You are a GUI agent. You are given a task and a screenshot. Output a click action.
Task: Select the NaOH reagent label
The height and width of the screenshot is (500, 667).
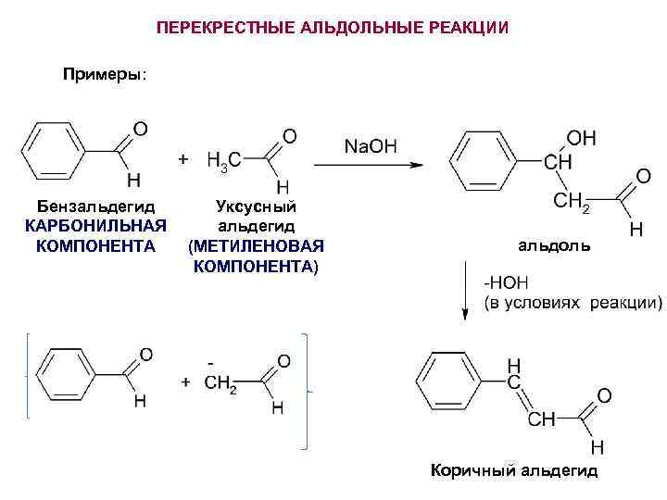tap(370, 145)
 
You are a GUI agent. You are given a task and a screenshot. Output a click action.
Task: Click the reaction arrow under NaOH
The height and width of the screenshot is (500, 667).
tap(368, 165)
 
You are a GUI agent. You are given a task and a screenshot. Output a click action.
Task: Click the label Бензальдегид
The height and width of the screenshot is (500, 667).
tap(96, 206)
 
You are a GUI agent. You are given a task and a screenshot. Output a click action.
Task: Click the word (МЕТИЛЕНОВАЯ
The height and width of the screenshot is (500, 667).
tap(255, 246)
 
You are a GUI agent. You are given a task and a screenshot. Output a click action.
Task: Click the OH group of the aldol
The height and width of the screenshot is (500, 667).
tap(581, 138)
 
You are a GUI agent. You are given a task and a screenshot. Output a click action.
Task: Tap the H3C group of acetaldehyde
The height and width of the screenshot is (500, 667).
tap(225, 160)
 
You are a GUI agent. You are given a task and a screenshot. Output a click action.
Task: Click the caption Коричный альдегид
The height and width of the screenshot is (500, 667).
tap(514, 471)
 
